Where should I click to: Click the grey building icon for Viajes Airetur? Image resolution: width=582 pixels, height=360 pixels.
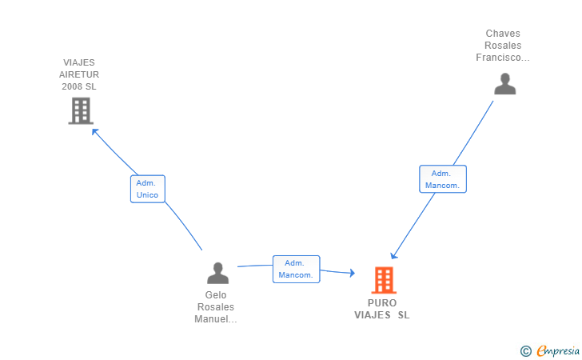point(81,110)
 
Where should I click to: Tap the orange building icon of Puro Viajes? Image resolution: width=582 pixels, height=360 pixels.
point(384,280)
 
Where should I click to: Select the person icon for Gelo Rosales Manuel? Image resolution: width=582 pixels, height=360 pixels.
point(218,273)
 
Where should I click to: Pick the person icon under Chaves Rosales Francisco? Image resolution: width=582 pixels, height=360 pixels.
point(504,84)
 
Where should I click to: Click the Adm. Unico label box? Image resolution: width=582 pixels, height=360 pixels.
point(148,189)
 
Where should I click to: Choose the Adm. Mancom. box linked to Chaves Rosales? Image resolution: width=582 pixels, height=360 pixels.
point(443,179)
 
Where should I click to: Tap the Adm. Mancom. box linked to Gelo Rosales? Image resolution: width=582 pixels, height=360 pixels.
point(296,269)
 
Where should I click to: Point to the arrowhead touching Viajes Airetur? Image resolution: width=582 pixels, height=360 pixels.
point(94,131)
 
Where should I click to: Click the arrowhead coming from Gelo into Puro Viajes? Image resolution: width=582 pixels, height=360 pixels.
point(353,273)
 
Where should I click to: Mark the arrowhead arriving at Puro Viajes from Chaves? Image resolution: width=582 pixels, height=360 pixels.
point(393,256)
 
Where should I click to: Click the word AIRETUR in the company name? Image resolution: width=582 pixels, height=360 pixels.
point(79,74)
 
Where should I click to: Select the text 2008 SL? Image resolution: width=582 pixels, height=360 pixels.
point(79,86)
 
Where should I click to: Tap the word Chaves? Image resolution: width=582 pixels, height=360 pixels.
point(503,34)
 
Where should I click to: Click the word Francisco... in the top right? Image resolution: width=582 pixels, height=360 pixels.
point(503,58)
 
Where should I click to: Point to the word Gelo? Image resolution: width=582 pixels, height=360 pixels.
point(216,295)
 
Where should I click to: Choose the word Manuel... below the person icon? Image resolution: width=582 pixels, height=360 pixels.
point(216,319)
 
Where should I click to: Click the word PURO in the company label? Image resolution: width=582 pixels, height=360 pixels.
point(382,303)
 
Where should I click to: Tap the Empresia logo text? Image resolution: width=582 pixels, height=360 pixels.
point(558,350)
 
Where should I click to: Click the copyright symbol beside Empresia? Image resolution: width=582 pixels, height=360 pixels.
point(526,351)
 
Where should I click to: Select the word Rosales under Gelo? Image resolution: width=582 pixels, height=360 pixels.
point(216,307)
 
